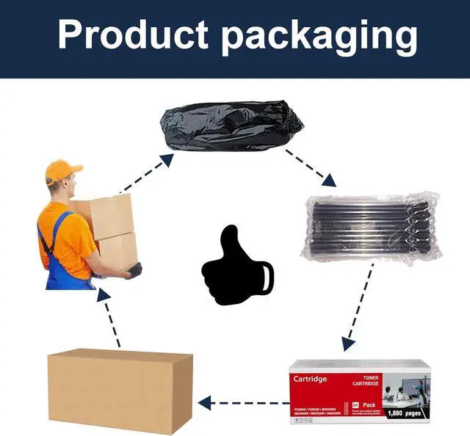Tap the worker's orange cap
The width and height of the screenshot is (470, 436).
click(x=62, y=171)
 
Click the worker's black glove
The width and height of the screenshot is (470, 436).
click(x=133, y=271)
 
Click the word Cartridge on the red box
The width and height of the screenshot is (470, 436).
click(x=311, y=379)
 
